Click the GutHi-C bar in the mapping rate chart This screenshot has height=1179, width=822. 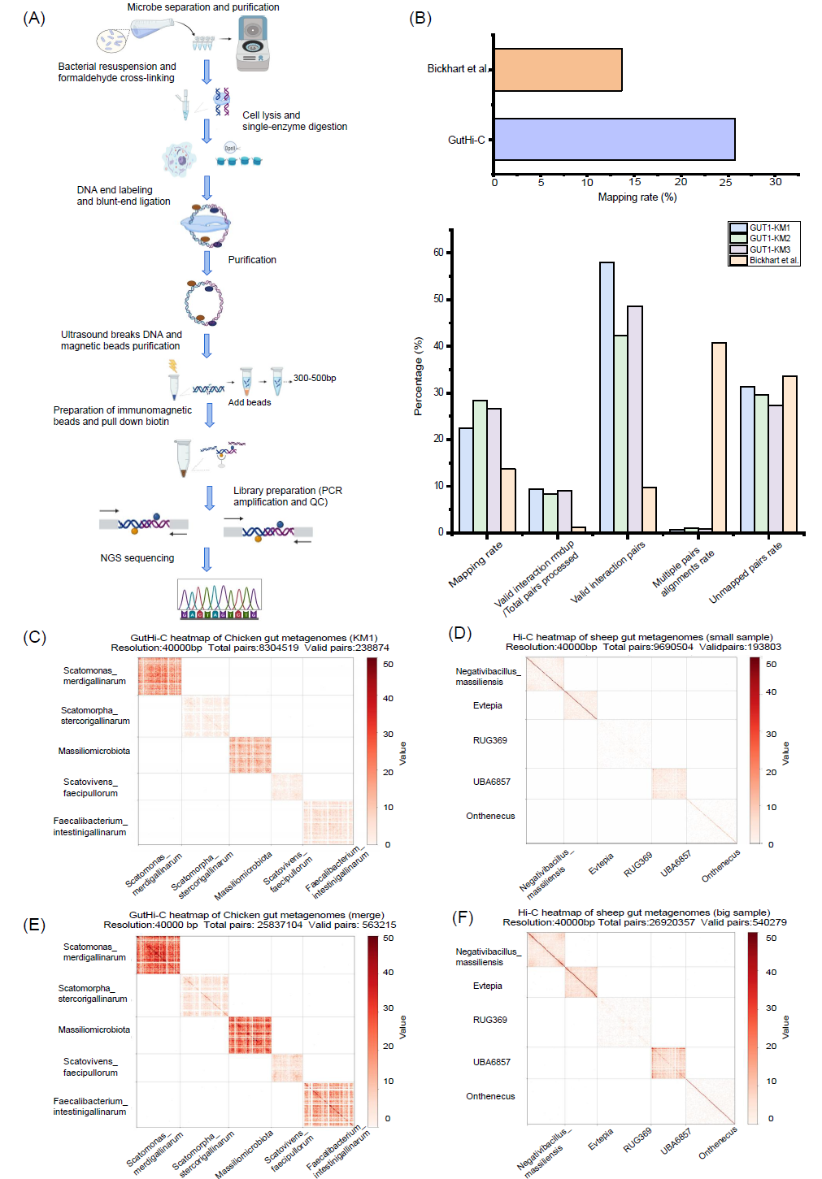[614, 139]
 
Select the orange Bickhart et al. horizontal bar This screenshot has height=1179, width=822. [558, 70]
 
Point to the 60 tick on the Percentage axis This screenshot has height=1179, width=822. [438, 253]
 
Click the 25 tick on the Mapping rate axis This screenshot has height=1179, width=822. [725, 182]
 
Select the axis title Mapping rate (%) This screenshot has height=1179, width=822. [637, 197]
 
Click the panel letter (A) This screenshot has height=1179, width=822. [34, 18]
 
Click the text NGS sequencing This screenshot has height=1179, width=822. [137, 558]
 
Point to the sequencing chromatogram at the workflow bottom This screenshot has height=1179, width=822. [220, 599]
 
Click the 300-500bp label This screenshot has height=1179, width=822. [315, 378]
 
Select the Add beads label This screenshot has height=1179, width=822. [250, 402]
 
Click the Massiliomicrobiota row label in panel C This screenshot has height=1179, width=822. [94, 751]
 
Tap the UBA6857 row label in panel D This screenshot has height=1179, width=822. [492, 782]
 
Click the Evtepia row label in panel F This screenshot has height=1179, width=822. [488, 986]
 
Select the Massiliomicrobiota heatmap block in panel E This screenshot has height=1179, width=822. [250, 1034]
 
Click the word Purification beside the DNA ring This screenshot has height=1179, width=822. [252, 260]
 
